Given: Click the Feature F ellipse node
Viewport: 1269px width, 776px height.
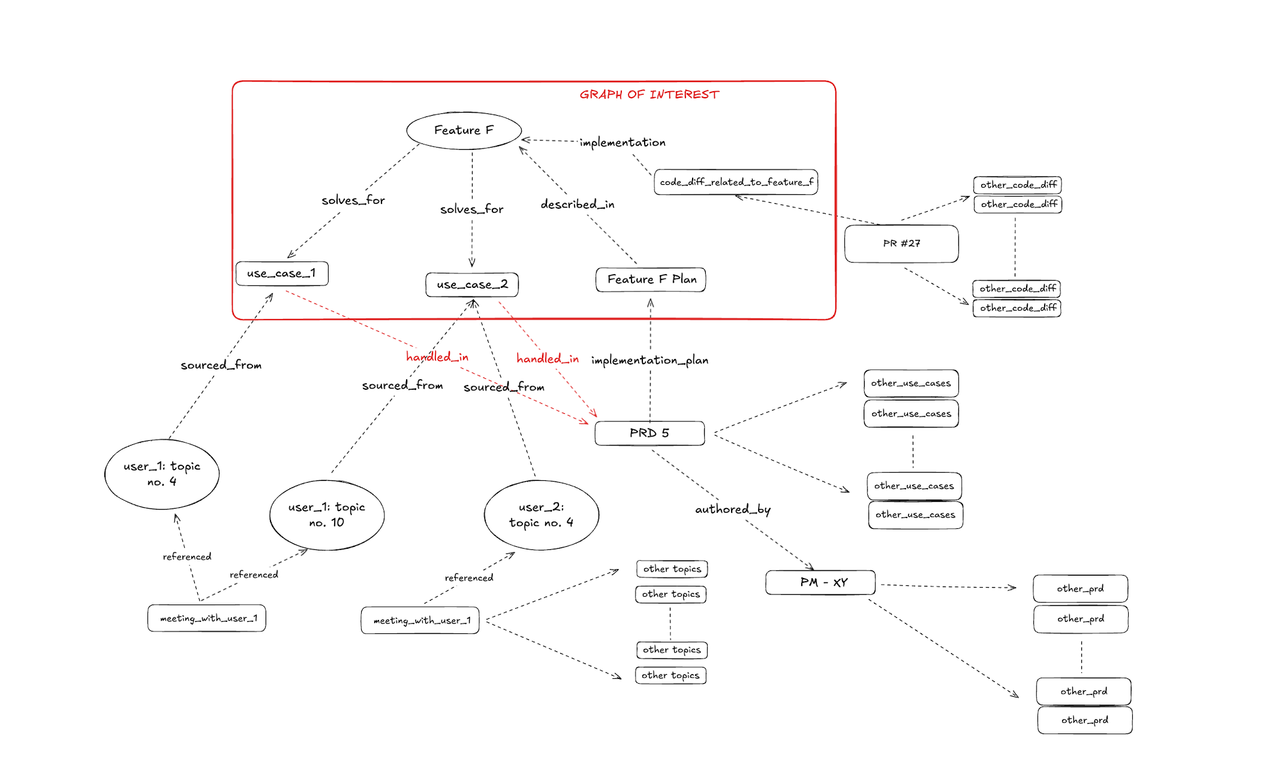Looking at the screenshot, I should click(x=464, y=130).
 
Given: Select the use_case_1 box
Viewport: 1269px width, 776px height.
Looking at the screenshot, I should click(x=282, y=273).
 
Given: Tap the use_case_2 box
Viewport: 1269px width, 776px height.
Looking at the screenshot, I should click(x=472, y=284).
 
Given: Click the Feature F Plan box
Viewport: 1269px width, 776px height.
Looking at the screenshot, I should click(x=651, y=279).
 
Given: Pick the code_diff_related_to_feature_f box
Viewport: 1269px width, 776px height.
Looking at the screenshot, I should click(x=736, y=182).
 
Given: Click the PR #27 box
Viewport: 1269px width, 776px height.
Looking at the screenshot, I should click(x=901, y=243).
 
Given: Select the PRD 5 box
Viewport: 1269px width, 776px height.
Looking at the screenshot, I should click(x=649, y=433).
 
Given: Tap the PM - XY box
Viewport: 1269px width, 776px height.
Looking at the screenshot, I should click(x=820, y=582).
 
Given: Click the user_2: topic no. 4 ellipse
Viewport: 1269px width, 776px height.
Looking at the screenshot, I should click(x=541, y=515).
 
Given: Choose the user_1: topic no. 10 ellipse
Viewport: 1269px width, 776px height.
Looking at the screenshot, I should click(x=327, y=515).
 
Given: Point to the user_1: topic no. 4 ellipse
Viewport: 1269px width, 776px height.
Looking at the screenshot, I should click(x=162, y=474).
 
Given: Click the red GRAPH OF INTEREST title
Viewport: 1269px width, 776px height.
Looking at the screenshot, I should click(x=649, y=95).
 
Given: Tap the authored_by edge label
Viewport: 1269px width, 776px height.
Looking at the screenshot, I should click(x=732, y=509).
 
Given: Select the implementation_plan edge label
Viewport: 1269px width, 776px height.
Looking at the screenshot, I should click(x=649, y=360).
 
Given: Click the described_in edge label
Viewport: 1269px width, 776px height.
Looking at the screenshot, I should click(x=577, y=204).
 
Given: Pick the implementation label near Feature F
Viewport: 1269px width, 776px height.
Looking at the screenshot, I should click(x=622, y=143).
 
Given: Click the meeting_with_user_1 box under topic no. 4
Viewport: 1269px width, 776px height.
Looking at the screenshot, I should click(x=207, y=618).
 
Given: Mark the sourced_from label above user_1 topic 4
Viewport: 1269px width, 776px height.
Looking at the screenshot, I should click(x=221, y=365).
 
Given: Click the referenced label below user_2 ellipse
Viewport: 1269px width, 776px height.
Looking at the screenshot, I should click(x=468, y=578).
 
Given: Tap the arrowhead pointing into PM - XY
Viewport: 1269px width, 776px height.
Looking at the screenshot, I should click(x=811, y=567).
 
